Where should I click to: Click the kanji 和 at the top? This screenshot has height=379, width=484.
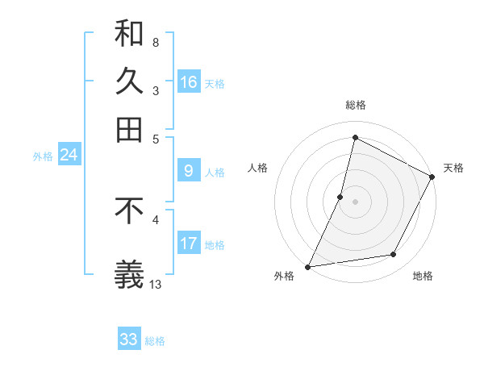click(x=129, y=35)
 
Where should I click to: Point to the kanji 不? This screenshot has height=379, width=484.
click(x=129, y=210)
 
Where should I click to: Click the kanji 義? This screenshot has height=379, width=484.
click(x=129, y=273)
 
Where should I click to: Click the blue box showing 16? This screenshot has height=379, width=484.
click(x=189, y=82)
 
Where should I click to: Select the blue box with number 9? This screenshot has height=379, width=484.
click(x=189, y=171)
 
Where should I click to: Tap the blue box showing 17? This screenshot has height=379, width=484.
click(x=189, y=244)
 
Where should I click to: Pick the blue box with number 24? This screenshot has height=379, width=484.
click(x=69, y=155)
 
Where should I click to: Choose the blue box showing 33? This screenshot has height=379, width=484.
click(x=129, y=339)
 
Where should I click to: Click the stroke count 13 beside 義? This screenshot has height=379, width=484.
click(x=156, y=284)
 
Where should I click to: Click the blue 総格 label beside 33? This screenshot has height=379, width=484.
click(x=156, y=341)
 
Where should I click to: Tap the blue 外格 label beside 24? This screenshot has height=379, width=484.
click(x=43, y=156)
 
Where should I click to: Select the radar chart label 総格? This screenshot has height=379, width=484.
click(x=355, y=106)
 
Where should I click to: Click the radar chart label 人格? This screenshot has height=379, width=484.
click(x=258, y=168)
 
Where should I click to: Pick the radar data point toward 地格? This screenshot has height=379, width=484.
click(x=394, y=255)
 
